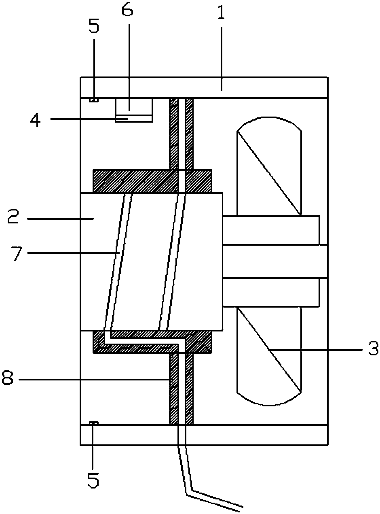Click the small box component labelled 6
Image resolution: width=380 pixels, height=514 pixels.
[134, 107]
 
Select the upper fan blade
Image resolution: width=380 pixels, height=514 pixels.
[269, 166]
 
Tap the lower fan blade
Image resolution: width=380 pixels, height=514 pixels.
[269, 356]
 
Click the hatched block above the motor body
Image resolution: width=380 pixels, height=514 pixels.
[152, 181]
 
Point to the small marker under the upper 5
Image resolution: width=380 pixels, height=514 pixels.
[93, 100]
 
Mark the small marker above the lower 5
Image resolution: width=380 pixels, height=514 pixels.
[93, 423]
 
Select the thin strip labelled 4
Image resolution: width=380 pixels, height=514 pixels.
[134, 119]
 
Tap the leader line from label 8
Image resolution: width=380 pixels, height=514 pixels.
[93, 380]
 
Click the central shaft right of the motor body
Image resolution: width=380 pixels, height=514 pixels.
[275, 261]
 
